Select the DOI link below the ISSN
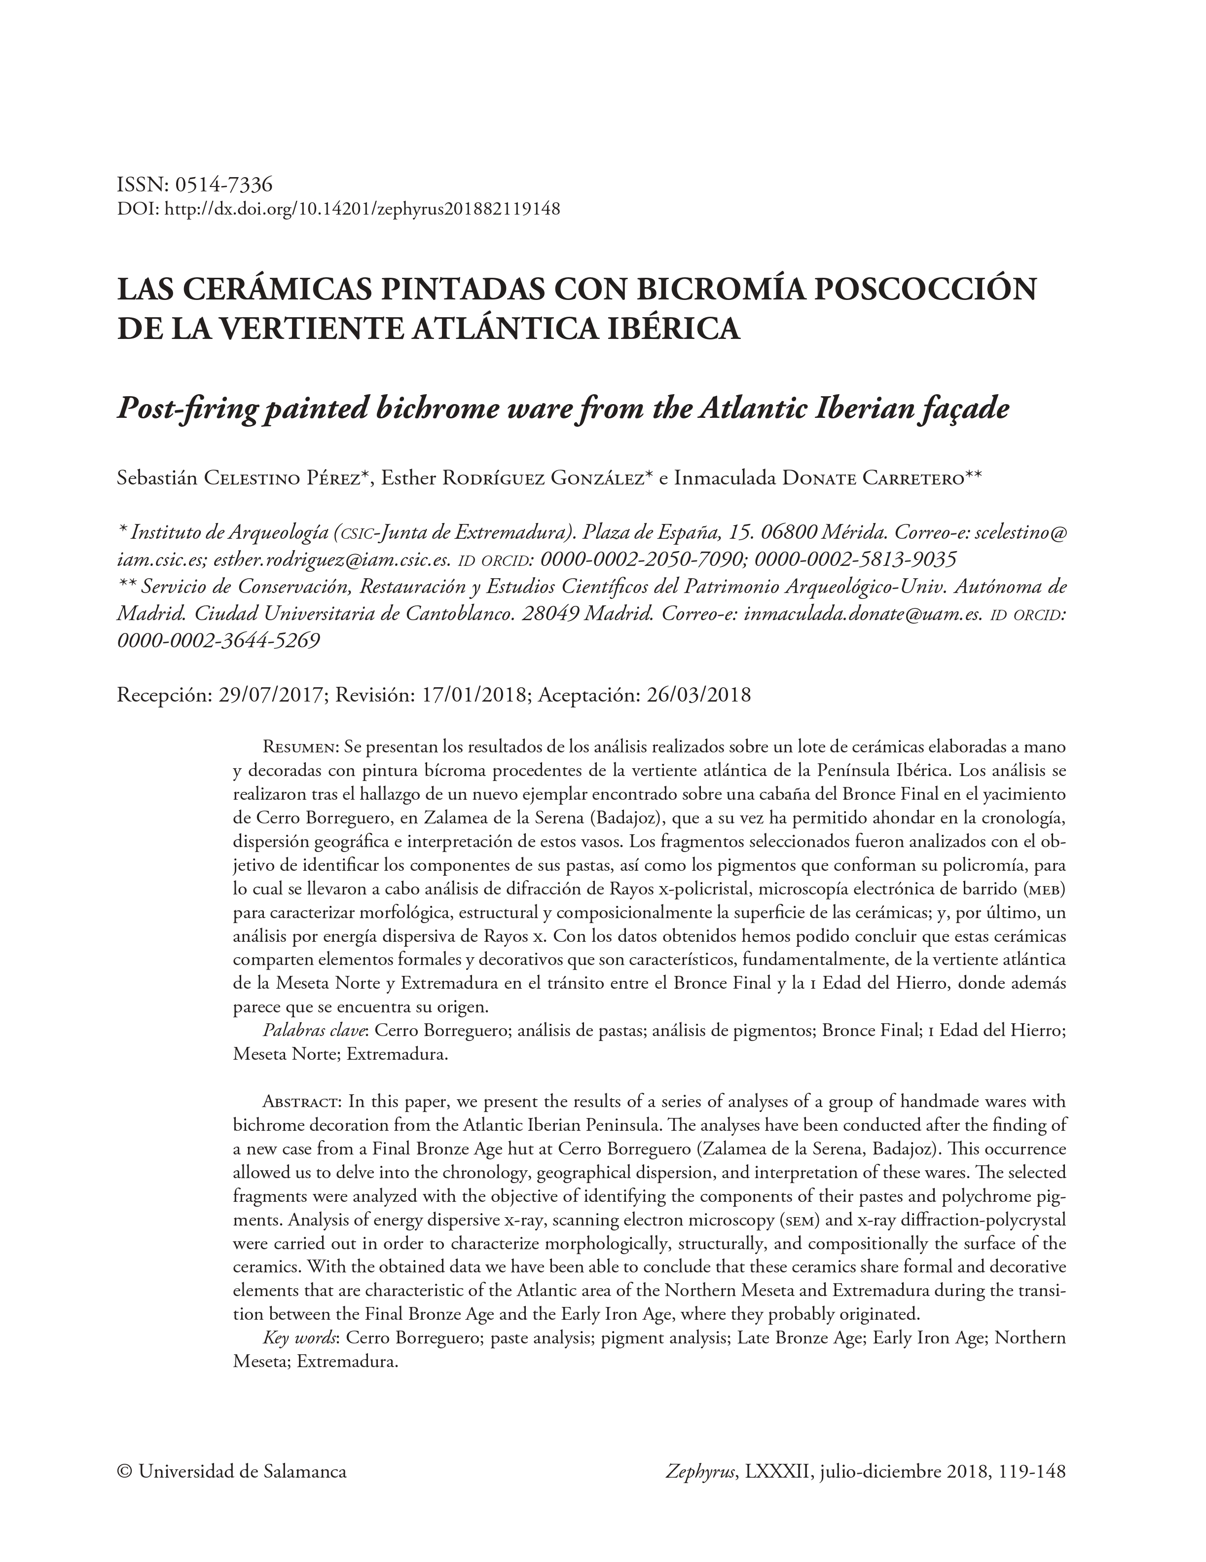pos(363,210)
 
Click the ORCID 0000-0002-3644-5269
pos(218,641)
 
